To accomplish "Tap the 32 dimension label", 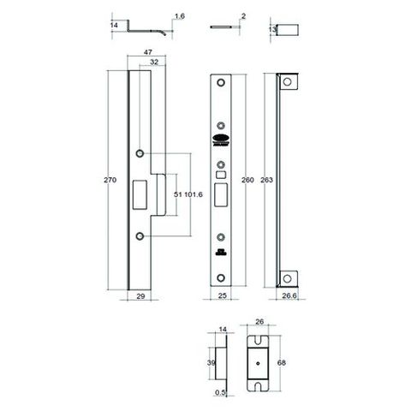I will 153,63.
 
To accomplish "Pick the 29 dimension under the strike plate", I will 140,295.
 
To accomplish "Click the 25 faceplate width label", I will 221,295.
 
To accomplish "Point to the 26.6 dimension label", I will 289,295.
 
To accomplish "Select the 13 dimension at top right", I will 271,28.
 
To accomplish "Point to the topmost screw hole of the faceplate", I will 221,83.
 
